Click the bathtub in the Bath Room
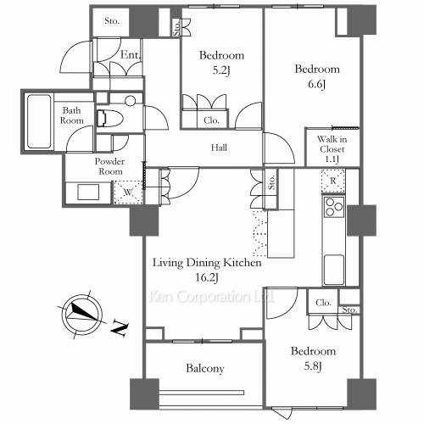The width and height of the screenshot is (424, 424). [39, 121]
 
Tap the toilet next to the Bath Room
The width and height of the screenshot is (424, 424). [109, 118]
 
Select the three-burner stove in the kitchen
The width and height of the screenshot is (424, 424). [334, 207]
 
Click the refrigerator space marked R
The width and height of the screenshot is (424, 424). [333, 181]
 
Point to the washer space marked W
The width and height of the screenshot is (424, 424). [128, 192]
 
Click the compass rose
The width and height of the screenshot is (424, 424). [82, 315]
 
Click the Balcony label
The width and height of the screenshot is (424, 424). [205, 368]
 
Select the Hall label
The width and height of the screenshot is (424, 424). [219, 148]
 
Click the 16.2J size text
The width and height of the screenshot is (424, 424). [207, 277]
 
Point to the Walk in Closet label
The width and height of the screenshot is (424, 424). [332, 148]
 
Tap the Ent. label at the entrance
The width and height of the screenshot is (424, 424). [131, 54]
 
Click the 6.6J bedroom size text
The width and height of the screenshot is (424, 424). [317, 84]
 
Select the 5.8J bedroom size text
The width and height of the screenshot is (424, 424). [313, 366]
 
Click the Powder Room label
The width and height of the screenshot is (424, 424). [109, 166]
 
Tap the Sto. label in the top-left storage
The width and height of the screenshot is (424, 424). [112, 20]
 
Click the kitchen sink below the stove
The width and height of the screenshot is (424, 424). [334, 270]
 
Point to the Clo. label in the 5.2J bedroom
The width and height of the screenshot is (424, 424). [211, 120]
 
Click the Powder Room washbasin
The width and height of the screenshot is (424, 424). [88, 192]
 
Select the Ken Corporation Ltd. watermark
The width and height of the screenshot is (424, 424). [212, 297]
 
